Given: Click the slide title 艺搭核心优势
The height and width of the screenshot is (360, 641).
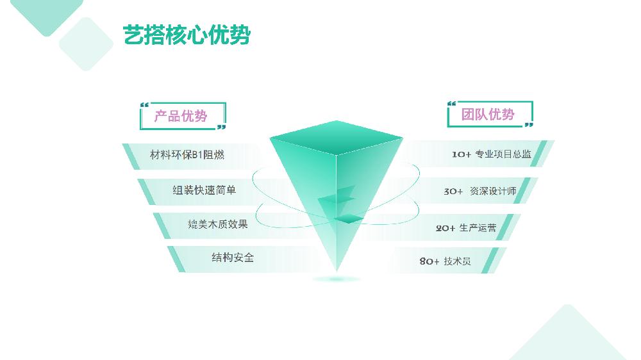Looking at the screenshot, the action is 187,35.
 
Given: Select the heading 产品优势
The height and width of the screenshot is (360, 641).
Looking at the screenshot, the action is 181,116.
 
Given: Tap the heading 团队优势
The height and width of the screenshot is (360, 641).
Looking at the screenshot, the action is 488,115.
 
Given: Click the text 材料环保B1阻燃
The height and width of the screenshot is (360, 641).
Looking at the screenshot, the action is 187,154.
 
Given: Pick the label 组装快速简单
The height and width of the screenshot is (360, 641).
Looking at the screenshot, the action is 204,190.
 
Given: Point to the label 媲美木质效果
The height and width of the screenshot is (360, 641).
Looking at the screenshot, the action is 218,224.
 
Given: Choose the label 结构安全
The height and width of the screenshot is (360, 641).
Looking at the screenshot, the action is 233,258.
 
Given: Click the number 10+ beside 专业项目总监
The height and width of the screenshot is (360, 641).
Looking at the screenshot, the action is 462,154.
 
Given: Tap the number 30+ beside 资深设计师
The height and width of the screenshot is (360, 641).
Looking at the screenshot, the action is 453,192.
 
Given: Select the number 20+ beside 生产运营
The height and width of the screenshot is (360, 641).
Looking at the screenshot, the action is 445,228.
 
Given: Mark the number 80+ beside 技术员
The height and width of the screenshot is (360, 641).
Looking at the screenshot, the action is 429,261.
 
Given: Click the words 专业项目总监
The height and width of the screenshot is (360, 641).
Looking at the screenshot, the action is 503,154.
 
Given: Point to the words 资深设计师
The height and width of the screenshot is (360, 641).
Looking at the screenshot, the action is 493,191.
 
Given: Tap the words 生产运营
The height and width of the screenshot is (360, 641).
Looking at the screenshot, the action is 478,227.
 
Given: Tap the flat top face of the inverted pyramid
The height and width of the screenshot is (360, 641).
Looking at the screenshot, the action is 337,138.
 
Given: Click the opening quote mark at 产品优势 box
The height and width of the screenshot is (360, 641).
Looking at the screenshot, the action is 144,105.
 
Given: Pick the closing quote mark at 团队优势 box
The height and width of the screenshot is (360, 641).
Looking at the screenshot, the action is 529,125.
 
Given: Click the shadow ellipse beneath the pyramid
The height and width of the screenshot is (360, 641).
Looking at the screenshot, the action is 337,279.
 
